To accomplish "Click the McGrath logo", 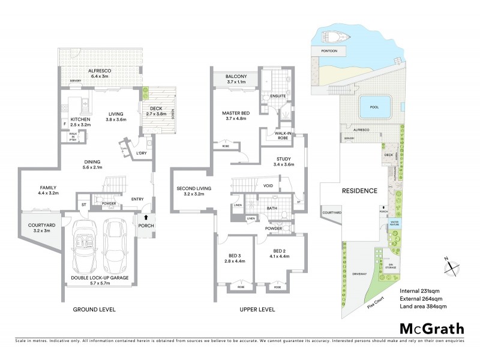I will (x=431, y=328).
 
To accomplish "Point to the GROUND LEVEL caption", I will (x=94, y=310).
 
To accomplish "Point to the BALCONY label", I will (x=236, y=77).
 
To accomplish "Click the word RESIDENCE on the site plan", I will (x=359, y=191).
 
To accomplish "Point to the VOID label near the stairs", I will (x=268, y=185).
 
